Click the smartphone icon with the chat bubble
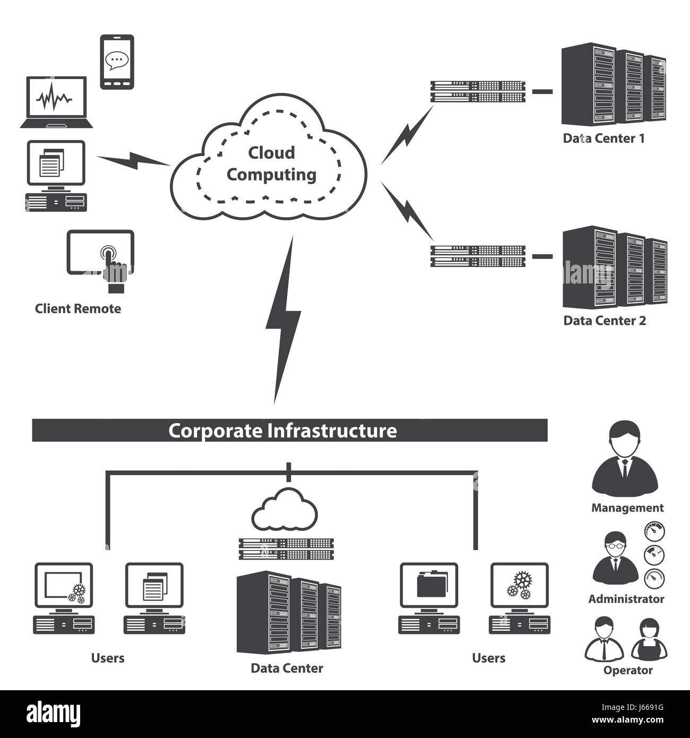click(117, 62)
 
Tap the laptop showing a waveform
click(56, 102)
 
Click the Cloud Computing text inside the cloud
click(271, 164)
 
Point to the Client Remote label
click(78, 309)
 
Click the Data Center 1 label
click(603, 139)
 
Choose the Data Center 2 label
click(605, 321)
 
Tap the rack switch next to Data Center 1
click(478, 91)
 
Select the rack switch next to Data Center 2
click(478, 256)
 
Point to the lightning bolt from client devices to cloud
click(133, 160)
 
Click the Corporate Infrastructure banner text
click(282, 431)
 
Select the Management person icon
click(625, 458)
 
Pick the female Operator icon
click(649, 639)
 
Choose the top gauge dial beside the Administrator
click(654, 531)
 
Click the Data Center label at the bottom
click(287, 668)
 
